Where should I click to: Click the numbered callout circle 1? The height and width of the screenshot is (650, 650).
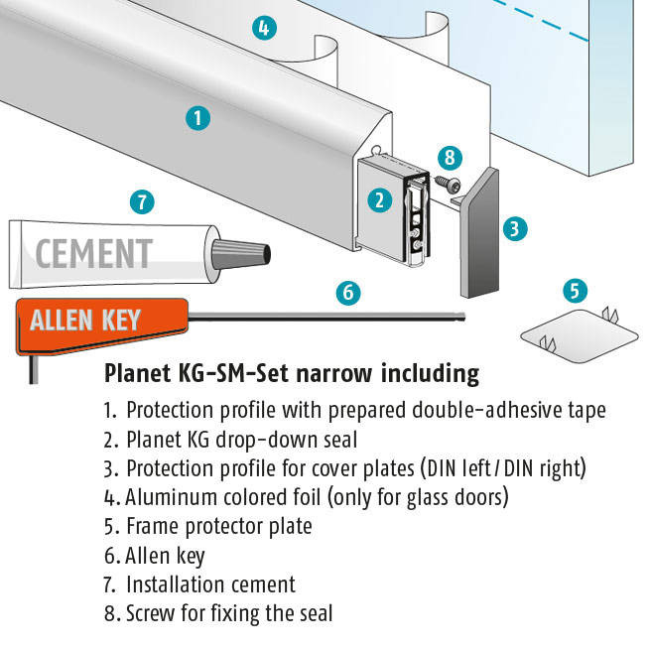pyautogui.click(x=197, y=118)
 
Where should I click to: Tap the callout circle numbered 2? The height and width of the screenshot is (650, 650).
pyautogui.click(x=380, y=200)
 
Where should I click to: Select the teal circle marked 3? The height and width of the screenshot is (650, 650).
pyautogui.click(x=515, y=229)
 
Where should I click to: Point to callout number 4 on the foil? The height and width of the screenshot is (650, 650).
pyautogui.click(x=264, y=28)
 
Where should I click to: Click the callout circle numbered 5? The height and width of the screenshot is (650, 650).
pyautogui.click(x=575, y=290)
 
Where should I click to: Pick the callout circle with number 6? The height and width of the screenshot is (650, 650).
pyautogui.click(x=348, y=293)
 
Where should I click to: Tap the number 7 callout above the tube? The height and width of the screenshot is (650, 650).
pyautogui.click(x=142, y=202)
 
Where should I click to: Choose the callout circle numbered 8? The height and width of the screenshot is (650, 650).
pyautogui.click(x=450, y=158)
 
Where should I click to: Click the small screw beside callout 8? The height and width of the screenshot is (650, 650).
pyautogui.click(x=448, y=184)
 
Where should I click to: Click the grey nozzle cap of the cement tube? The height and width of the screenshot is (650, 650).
pyautogui.click(x=241, y=254)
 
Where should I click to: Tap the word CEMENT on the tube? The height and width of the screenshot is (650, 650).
pyautogui.click(x=94, y=254)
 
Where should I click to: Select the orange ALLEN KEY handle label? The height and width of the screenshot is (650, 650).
pyautogui.click(x=101, y=325)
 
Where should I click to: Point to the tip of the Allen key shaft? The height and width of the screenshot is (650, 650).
pyautogui.click(x=464, y=318)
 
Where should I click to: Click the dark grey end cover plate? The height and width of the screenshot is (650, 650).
pyautogui.click(x=480, y=233)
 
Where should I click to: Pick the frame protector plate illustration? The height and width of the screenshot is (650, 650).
pyautogui.click(x=580, y=335)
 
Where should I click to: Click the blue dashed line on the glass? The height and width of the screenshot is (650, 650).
pyautogui.click(x=540, y=20)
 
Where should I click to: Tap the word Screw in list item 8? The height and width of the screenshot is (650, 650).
pyautogui.click(x=151, y=613)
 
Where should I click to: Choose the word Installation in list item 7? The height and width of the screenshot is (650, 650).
pyautogui.click(x=173, y=585)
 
